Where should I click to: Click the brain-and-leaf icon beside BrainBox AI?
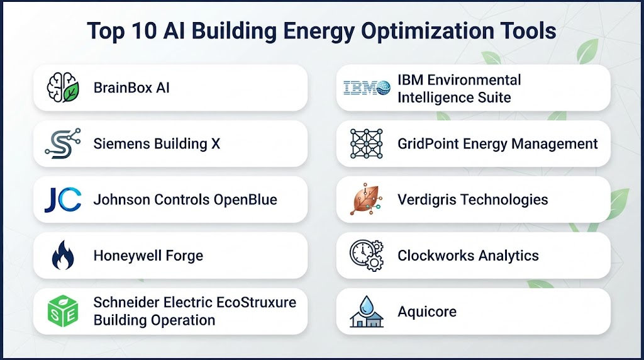click(x=63, y=87)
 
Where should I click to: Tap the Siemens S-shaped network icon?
click(x=63, y=143)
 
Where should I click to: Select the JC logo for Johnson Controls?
click(x=63, y=200)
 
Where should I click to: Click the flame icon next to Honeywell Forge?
click(x=63, y=255)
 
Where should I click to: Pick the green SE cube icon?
click(x=63, y=311)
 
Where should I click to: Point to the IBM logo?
click(x=367, y=87)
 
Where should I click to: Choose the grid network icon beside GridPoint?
click(x=367, y=143)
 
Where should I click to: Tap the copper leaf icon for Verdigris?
click(x=367, y=200)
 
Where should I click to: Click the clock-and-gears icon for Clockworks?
click(x=367, y=255)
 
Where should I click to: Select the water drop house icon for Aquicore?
click(x=367, y=312)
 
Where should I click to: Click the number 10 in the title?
click(x=144, y=31)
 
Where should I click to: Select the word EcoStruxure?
click(x=256, y=302)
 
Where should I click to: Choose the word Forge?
click(x=184, y=256)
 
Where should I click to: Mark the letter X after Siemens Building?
click(x=216, y=144)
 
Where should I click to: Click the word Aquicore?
click(x=427, y=312)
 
